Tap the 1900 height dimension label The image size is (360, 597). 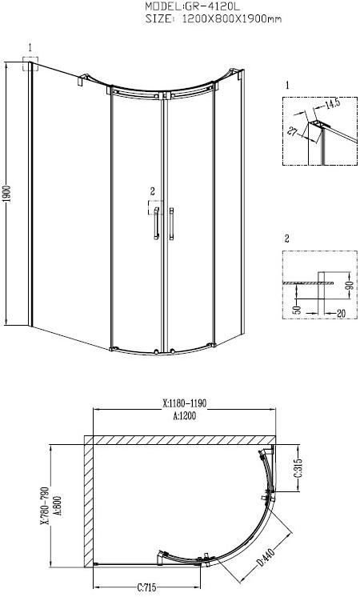pyautogui.click(x=6, y=196)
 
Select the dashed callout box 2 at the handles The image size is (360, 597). pyautogui.click(x=154, y=208)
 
